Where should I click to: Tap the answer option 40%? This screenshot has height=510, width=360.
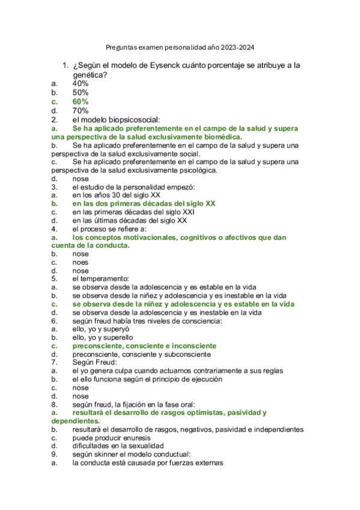tap(81, 84)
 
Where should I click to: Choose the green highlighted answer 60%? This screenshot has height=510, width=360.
tap(81, 102)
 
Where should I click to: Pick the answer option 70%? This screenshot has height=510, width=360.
tap(81, 111)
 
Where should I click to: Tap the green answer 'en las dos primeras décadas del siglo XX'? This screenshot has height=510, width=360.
tap(144, 204)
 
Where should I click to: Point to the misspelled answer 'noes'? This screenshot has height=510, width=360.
tap(80, 262)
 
